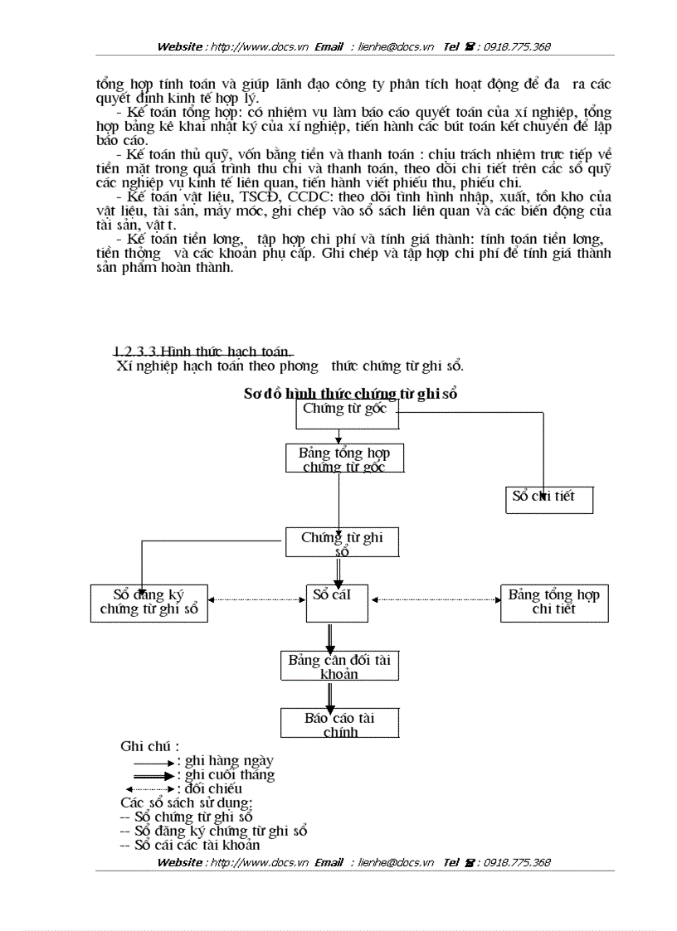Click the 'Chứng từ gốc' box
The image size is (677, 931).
pos(347,415)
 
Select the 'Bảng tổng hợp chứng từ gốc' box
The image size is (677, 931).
pos(344,458)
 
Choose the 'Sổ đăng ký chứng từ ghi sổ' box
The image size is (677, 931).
pos(149,603)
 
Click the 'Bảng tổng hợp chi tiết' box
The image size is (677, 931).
pos(553,603)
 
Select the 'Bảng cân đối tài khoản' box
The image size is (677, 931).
pos(339,667)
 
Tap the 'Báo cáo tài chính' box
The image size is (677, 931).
pos(339,722)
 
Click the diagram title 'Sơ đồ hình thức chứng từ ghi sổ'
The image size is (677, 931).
pos(350,394)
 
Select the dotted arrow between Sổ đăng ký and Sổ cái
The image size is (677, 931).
pos(256,599)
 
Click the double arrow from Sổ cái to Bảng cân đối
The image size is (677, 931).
pos(330,636)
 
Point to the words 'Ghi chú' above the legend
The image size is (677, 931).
pos(149,746)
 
